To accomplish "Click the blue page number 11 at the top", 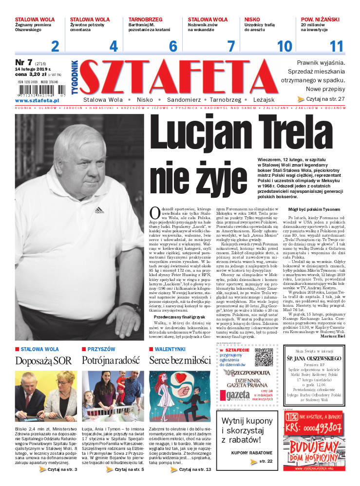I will coord(337,46).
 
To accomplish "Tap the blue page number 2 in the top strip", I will coord(55,46).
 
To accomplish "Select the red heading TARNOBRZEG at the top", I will coord(146,19).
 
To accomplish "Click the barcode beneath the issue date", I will coord(37,91).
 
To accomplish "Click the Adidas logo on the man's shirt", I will coord(99,210).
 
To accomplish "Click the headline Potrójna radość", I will coord(111,360).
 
